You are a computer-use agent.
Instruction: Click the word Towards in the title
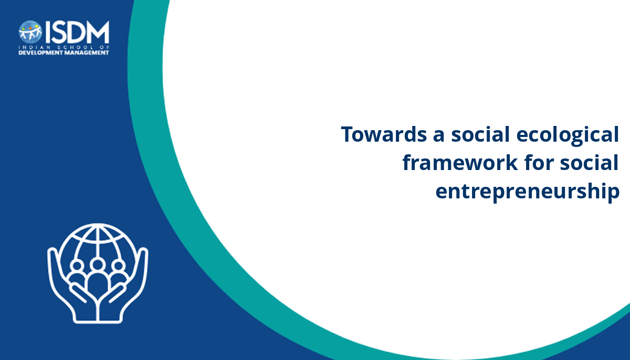(x=384, y=134)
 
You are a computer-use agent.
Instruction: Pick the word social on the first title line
(x=480, y=134)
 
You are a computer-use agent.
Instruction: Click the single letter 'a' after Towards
(x=438, y=136)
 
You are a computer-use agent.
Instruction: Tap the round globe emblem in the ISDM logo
(x=30, y=31)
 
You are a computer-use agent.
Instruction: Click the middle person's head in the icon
(x=98, y=264)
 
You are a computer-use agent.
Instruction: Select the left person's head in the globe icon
(x=77, y=266)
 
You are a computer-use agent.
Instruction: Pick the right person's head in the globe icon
(x=119, y=266)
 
